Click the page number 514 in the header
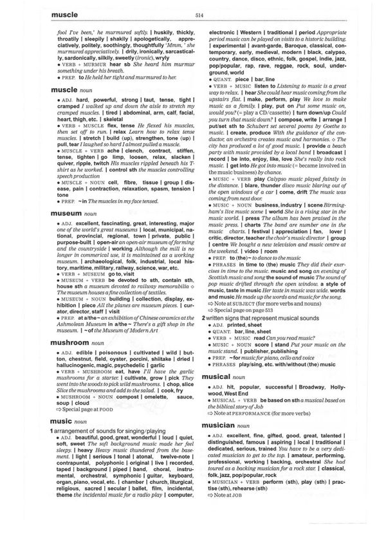(193, 15)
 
